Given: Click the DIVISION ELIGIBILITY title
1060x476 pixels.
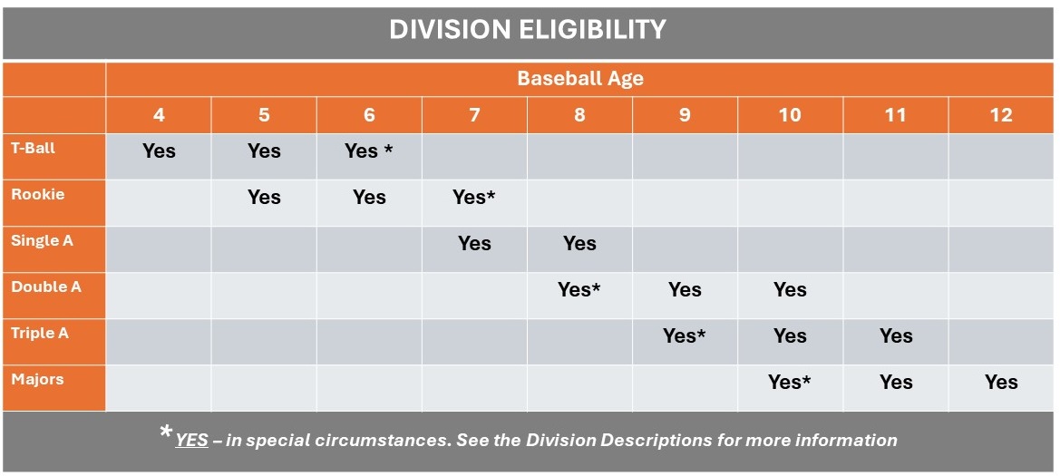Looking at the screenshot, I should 528,30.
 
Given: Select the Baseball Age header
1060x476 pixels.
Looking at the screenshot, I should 580,78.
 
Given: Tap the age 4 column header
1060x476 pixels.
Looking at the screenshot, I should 159,115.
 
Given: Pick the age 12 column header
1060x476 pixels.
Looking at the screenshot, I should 1001,115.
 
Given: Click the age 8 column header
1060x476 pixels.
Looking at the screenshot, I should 579,115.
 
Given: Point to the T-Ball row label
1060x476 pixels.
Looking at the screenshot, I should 34,147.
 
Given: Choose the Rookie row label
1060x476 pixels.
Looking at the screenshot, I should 38,194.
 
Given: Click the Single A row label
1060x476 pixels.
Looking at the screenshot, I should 42,240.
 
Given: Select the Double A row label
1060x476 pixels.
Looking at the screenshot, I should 46,287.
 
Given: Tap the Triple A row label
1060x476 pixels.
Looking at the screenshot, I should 40,333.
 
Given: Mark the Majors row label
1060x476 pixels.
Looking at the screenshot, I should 37,379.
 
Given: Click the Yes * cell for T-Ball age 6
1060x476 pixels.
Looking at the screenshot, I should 369,151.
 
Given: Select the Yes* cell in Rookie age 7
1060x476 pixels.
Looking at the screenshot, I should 474,198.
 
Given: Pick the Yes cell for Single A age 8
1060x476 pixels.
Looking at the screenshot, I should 579,243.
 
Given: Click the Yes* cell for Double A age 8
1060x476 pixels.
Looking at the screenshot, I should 579,290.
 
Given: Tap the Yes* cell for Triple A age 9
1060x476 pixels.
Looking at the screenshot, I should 685,336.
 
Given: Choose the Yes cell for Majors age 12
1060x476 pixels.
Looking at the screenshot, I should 1001,383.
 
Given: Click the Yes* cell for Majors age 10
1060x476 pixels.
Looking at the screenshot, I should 790,383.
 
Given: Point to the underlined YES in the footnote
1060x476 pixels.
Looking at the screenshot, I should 191,441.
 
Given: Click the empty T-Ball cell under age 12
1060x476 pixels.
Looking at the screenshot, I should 1001,156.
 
